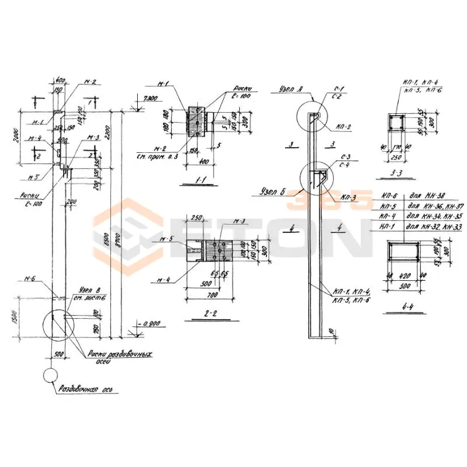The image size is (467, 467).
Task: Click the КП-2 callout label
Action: tap(343, 127)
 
